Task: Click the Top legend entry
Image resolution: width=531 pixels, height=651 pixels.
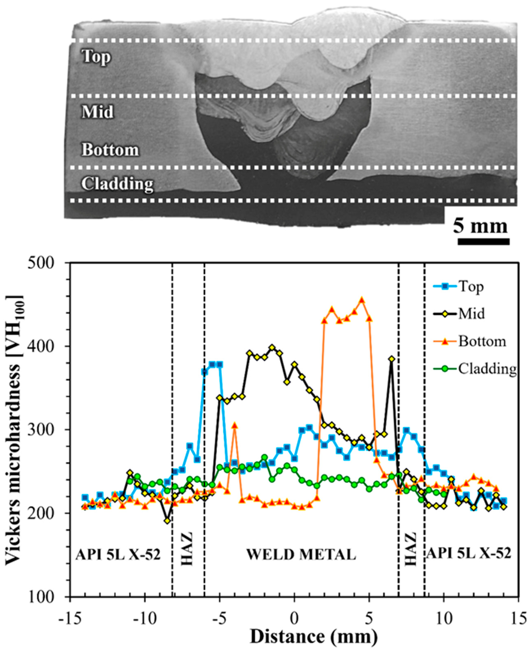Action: (x=471, y=287)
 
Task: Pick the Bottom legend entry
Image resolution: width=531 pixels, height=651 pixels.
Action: (x=482, y=341)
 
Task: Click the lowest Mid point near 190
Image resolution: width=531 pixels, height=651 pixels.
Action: (x=167, y=520)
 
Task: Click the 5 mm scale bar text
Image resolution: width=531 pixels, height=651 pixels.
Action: (x=480, y=227)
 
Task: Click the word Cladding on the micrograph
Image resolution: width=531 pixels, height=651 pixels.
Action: (x=117, y=184)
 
